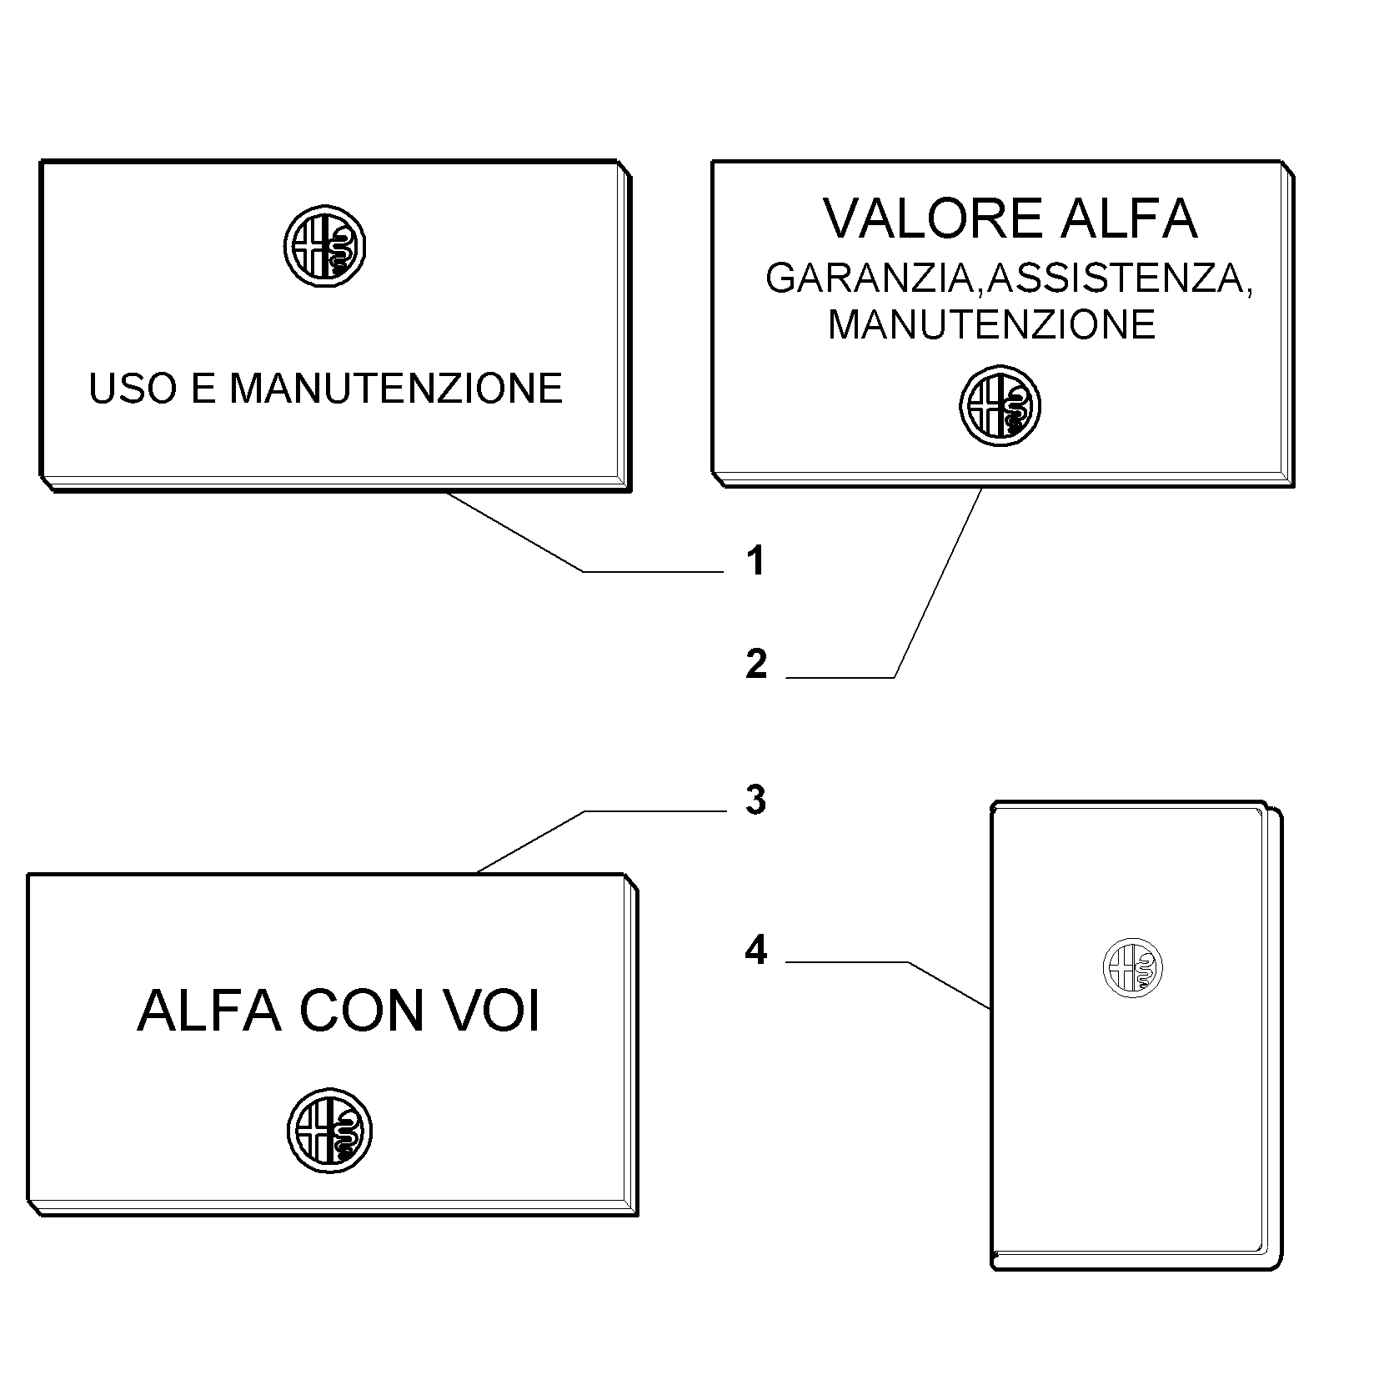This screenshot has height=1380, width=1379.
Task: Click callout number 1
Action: point(755,560)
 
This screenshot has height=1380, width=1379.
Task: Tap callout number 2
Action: point(756,665)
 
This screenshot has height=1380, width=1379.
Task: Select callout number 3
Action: point(755,800)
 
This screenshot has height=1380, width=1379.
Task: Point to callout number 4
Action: point(756,950)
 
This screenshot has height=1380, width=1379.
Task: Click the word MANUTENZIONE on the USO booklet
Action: point(396,389)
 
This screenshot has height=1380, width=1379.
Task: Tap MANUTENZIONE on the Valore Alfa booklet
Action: point(991,324)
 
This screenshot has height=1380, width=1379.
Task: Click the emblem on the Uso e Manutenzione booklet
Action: point(324,246)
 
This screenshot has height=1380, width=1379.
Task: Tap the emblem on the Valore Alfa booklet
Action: point(1000,406)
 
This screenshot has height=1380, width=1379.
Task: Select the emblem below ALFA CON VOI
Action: point(330,1131)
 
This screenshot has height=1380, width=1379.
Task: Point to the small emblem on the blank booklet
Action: point(1132,967)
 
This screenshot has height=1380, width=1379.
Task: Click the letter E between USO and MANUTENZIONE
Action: point(203,389)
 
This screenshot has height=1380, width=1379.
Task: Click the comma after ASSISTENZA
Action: point(1248,289)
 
